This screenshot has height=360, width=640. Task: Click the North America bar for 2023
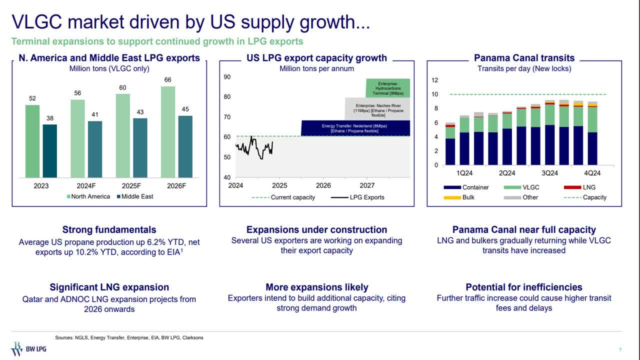pos(32,141)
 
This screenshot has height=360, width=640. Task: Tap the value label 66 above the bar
pos(168,80)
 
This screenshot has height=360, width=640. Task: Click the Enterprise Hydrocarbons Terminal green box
pos(387,88)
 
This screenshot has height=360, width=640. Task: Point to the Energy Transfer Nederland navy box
pos(355,128)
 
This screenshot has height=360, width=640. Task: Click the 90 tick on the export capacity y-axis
pos(227,77)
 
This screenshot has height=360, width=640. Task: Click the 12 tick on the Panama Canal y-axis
pos(434,80)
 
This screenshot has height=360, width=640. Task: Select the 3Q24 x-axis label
pos(549,173)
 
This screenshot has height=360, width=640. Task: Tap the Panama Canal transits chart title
pos(524,58)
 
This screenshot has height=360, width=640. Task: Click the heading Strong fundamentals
pos(109,230)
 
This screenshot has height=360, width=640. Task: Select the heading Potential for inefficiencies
pos(524,287)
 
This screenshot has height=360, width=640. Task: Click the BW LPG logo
pos(28,348)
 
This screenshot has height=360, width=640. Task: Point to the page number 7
pos(620,349)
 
